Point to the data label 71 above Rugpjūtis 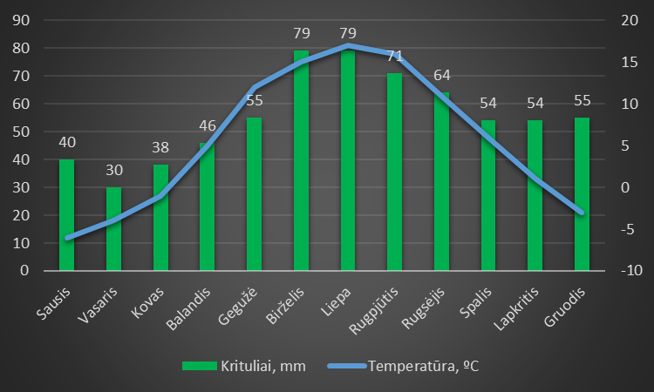[395, 57]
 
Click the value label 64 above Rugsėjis [442, 76]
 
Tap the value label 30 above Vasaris [113, 171]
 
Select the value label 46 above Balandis [208, 125]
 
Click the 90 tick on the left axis [24, 20]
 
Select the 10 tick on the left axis [24, 243]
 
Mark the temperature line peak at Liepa [348, 44]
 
